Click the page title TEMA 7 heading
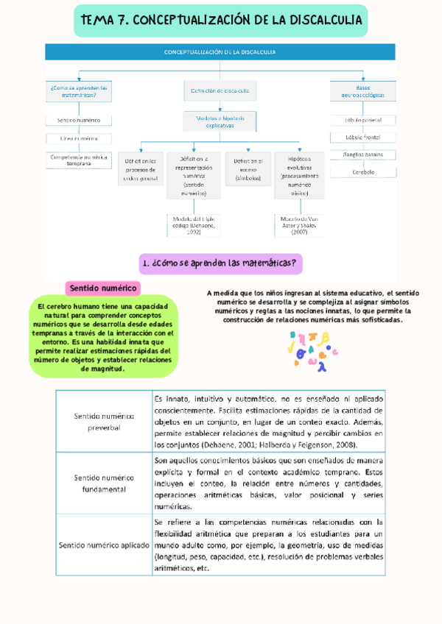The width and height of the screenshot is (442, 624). tap(221, 21)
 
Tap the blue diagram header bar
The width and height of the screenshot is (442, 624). tap(221, 52)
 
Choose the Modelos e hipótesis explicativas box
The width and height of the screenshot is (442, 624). tap(220, 121)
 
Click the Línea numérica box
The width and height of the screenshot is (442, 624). tap(79, 138)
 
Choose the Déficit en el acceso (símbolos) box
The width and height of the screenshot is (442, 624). tap(248, 169)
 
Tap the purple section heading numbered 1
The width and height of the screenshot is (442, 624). tap(221, 263)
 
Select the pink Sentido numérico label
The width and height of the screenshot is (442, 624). tap(103, 288)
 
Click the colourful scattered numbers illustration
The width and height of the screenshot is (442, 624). tap(312, 348)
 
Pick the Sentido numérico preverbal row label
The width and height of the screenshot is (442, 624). tap(103, 422)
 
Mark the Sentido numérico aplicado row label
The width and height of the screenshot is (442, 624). tap(103, 545)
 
